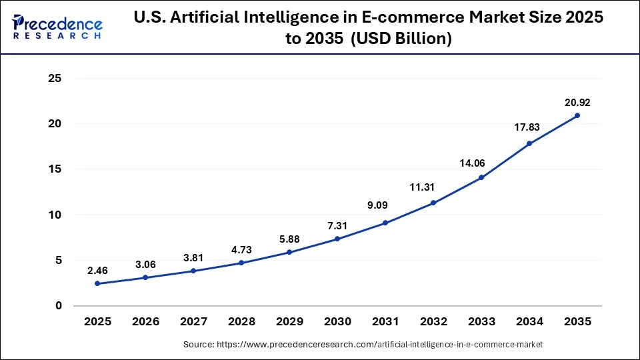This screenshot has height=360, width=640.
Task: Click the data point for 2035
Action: [577, 115]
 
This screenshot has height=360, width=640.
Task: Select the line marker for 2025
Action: [97, 283]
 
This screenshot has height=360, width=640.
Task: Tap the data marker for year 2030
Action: [337, 239]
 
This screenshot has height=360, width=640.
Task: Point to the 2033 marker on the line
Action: [481, 177]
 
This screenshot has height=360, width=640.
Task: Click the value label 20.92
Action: [577, 103]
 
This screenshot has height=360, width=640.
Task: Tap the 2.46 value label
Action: [97, 271]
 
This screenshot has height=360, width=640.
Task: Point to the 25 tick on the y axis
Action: [55, 79]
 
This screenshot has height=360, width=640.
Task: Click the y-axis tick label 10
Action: [55, 215]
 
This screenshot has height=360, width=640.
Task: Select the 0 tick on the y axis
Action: [59, 306]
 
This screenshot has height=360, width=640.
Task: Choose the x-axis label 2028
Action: [241, 321]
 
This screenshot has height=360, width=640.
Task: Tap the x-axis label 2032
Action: [433, 321]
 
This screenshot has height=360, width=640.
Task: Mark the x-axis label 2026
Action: [145, 321]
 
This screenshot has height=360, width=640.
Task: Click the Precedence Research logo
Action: [57, 27]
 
